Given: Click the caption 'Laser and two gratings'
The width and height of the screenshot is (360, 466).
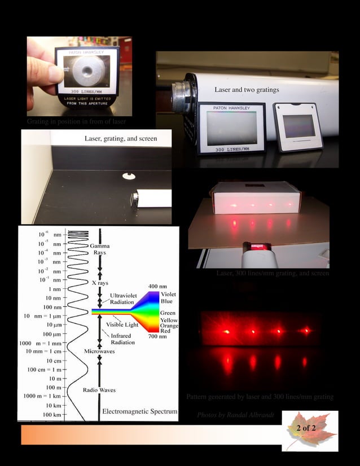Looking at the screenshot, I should pyautogui.click(x=247, y=90).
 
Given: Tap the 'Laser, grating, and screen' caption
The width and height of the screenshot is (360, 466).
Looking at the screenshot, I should pyautogui.click(x=121, y=138).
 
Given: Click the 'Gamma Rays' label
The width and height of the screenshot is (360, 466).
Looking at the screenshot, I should pyautogui.click(x=100, y=249).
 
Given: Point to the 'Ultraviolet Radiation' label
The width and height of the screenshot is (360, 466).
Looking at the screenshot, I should pyautogui.click(x=122, y=298).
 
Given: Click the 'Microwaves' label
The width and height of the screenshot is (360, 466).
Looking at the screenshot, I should pyautogui.click(x=100, y=351).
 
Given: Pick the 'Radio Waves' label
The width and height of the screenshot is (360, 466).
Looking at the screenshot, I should pyautogui.click(x=99, y=390).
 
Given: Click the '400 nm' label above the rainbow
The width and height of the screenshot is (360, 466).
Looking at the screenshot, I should pyautogui.click(x=157, y=287).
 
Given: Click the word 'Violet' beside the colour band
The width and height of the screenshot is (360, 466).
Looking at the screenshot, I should pyautogui.click(x=168, y=294).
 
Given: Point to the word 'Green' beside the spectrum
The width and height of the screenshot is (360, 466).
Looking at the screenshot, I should pyautogui.click(x=168, y=313).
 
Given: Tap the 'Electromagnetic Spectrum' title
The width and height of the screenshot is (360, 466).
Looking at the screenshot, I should pyautogui.click(x=139, y=412).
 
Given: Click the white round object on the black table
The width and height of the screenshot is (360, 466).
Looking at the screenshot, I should pyautogui.click(x=129, y=176).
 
